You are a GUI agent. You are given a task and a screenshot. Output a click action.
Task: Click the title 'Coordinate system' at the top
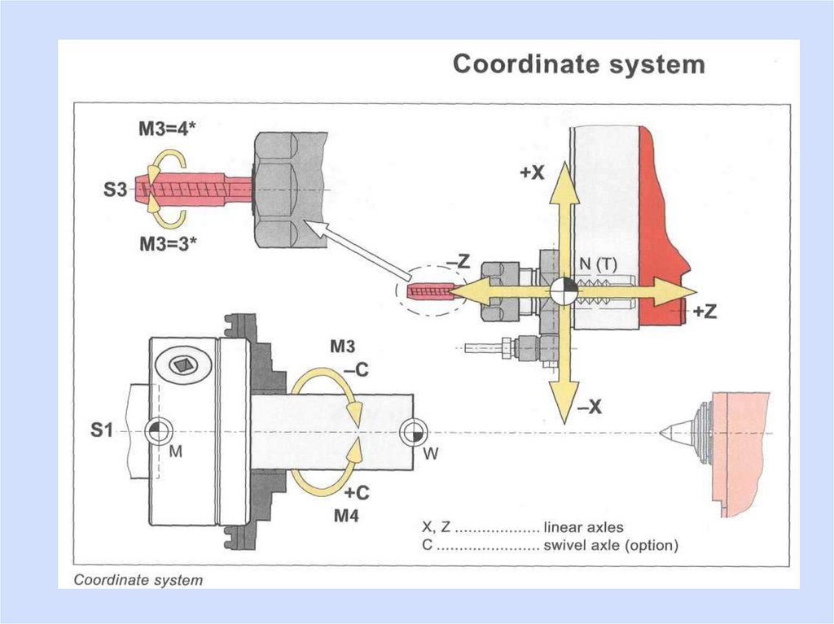click(x=579, y=64)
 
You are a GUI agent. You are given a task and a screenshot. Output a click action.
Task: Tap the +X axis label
click(x=532, y=172)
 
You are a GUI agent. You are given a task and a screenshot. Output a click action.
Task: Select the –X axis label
click(x=590, y=407)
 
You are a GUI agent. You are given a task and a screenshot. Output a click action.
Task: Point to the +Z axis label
click(x=705, y=311)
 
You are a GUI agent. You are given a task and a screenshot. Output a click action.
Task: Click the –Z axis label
click(x=458, y=261)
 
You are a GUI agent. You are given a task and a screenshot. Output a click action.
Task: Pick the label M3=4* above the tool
click(x=167, y=129)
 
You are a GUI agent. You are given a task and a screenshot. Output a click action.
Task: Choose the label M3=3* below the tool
click(x=168, y=244)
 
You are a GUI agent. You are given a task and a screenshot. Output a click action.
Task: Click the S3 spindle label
click(x=116, y=190)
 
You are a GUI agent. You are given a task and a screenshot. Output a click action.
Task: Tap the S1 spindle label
click(x=101, y=430)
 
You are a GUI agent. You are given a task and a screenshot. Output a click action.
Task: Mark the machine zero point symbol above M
click(x=159, y=431)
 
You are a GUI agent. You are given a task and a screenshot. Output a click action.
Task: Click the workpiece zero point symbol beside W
click(x=413, y=433)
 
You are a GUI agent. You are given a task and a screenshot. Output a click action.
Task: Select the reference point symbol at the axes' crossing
click(x=564, y=290)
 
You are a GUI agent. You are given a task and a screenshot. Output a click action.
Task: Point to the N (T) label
click(x=598, y=264)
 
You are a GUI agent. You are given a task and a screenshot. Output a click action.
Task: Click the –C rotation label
click(x=356, y=369)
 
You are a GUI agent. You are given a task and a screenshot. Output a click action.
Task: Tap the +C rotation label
click(x=357, y=493)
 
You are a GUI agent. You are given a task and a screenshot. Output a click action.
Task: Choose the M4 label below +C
click(x=346, y=515)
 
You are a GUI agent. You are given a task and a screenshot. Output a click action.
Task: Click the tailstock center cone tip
click(x=661, y=433)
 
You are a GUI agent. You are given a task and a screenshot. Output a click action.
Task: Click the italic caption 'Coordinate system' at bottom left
click(x=138, y=580)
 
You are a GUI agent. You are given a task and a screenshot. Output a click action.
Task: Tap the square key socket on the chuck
click(x=183, y=365)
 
